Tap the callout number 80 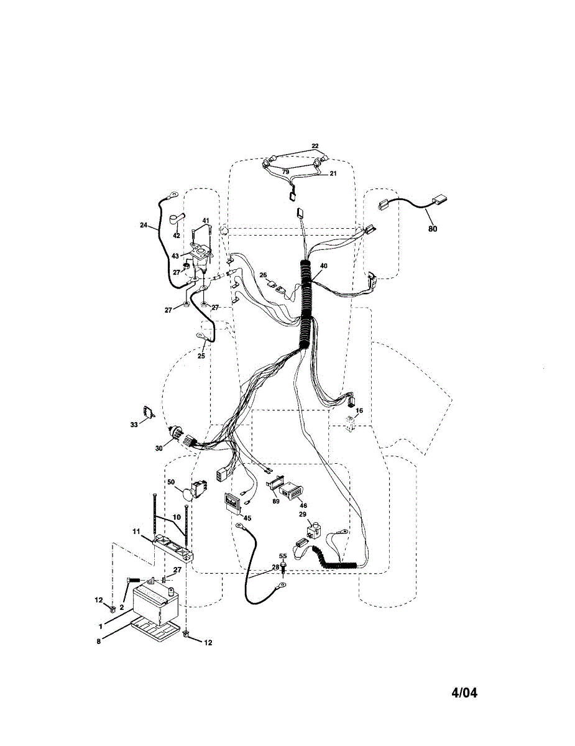(x=433, y=229)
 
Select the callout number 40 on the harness (x=323, y=265)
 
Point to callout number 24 (x=144, y=226)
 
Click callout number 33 (x=134, y=425)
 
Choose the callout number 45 (x=247, y=518)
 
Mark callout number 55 (x=283, y=556)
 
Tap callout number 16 (x=359, y=411)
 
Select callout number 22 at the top (x=315, y=146)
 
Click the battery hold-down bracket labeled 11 (x=173, y=545)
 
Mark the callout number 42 (x=176, y=236)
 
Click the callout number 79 (x=285, y=172)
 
